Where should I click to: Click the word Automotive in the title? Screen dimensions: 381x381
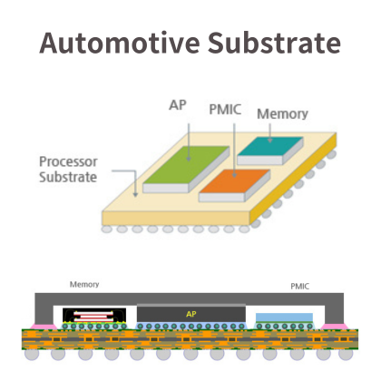point(120,43)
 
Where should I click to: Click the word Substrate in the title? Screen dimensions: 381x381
point(274,43)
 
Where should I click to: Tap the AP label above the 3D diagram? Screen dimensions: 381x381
point(178,105)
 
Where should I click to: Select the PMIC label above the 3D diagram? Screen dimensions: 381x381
point(225,110)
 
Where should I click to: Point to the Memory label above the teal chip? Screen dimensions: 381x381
point(282,114)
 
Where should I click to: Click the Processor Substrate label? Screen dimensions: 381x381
point(68,170)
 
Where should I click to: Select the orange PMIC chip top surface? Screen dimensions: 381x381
point(235,181)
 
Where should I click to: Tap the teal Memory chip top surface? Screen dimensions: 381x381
point(270,146)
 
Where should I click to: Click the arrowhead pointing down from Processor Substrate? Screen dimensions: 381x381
point(135,195)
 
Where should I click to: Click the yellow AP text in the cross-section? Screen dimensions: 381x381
point(191,314)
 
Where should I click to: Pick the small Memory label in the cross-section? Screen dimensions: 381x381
point(84,285)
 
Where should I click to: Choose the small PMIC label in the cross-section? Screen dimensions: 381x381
point(300,287)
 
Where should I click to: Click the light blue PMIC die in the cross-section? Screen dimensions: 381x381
point(284,317)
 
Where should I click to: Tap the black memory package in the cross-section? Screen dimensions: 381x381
point(94,316)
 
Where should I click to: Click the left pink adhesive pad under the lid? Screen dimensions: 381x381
point(44,327)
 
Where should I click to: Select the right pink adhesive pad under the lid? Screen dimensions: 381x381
point(335,327)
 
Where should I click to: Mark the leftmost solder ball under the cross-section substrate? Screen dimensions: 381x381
point(32,355)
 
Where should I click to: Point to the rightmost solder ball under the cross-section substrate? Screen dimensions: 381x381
point(346,355)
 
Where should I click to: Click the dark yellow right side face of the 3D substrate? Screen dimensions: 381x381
point(293,179)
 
